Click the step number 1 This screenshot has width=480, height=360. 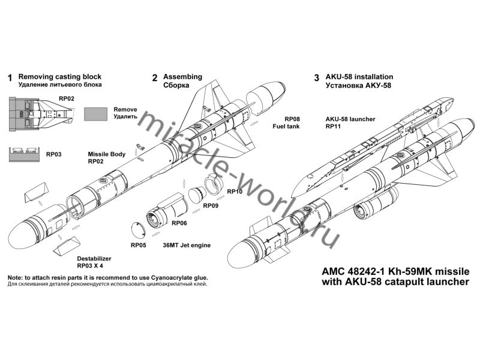(10, 78)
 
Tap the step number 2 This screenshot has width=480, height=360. (155, 78)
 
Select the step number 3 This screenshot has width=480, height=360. (316, 78)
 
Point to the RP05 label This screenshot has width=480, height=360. (139, 245)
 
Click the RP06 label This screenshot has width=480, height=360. (179, 223)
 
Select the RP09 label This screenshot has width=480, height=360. (211, 206)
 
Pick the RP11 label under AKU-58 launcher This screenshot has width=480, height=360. (334, 127)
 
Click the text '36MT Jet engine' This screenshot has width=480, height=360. (187, 245)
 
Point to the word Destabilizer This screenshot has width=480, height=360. (94, 257)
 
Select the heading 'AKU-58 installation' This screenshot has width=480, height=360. (359, 77)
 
